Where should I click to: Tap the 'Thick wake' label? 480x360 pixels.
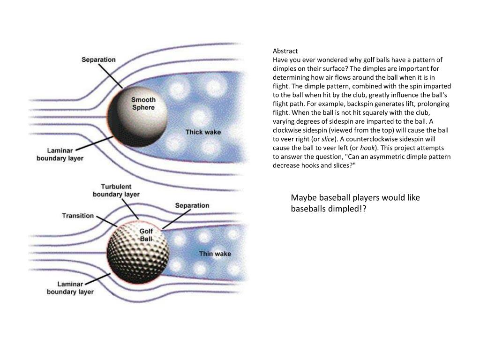[203, 132]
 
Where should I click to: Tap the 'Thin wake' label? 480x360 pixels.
[215, 254]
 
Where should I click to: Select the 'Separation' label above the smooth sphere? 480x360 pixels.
[98, 60]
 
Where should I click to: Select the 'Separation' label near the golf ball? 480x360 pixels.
[192, 205]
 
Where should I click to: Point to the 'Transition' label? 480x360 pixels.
[78, 216]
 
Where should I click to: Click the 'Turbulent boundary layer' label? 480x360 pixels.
[116, 190]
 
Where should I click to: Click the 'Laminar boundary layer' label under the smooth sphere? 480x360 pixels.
[60, 154]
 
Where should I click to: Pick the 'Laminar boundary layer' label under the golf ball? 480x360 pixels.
[70, 288]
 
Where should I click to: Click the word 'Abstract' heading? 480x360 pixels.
[285, 51]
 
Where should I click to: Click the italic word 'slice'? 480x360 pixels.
[327, 139]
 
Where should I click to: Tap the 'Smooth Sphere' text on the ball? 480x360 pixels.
[143, 104]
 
